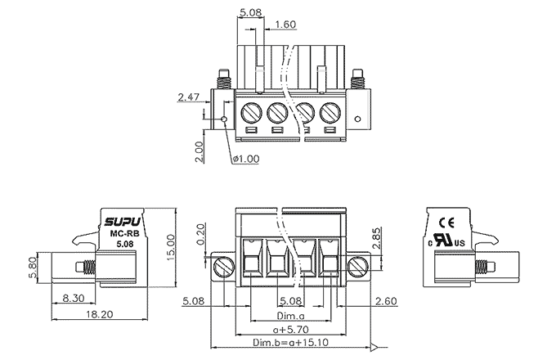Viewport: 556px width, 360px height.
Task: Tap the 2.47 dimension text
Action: coord(189,97)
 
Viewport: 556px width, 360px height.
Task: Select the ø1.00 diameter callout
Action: coord(247,158)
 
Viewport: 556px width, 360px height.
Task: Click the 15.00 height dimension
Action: coord(171,245)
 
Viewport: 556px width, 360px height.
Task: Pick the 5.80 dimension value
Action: coord(33,267)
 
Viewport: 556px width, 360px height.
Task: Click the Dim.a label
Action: coord(290,315)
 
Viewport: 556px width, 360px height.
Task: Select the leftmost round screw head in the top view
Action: coord(252,112)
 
